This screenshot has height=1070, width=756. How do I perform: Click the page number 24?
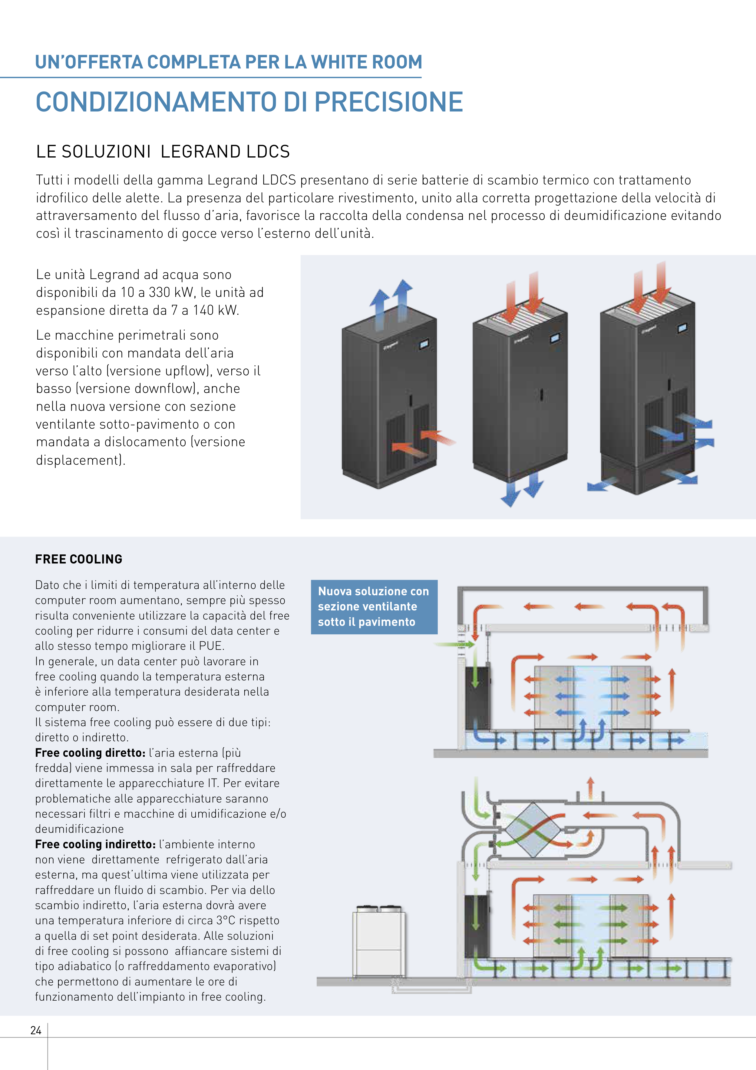(x=36, y=1030)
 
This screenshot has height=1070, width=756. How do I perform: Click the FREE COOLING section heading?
(x=79, y=559)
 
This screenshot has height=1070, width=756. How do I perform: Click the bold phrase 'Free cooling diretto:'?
(x=90, y=753)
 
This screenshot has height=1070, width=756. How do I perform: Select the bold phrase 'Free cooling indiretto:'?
(x=95, y=844)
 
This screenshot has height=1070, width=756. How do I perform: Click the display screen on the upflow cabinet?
(x=424, y=344)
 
